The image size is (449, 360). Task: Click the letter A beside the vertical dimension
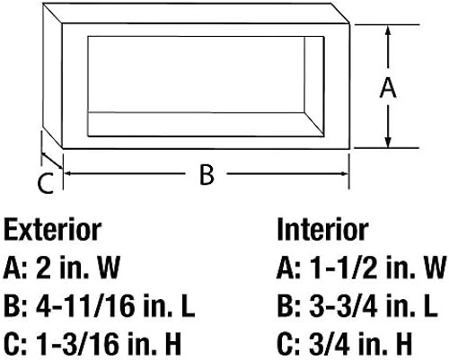click(388, 87)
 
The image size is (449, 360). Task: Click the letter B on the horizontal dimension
click(207, 174)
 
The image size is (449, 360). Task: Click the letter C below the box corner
click(46, 183)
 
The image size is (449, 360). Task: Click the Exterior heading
click(53, 230)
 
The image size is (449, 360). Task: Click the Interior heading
click(322, 230)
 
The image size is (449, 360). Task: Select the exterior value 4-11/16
click(85, 306)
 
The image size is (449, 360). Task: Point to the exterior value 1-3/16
click(76, 345)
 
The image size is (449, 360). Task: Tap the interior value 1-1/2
click(344, 268)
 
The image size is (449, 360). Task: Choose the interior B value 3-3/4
click(343, 306)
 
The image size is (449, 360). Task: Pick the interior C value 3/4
click(330, 345)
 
